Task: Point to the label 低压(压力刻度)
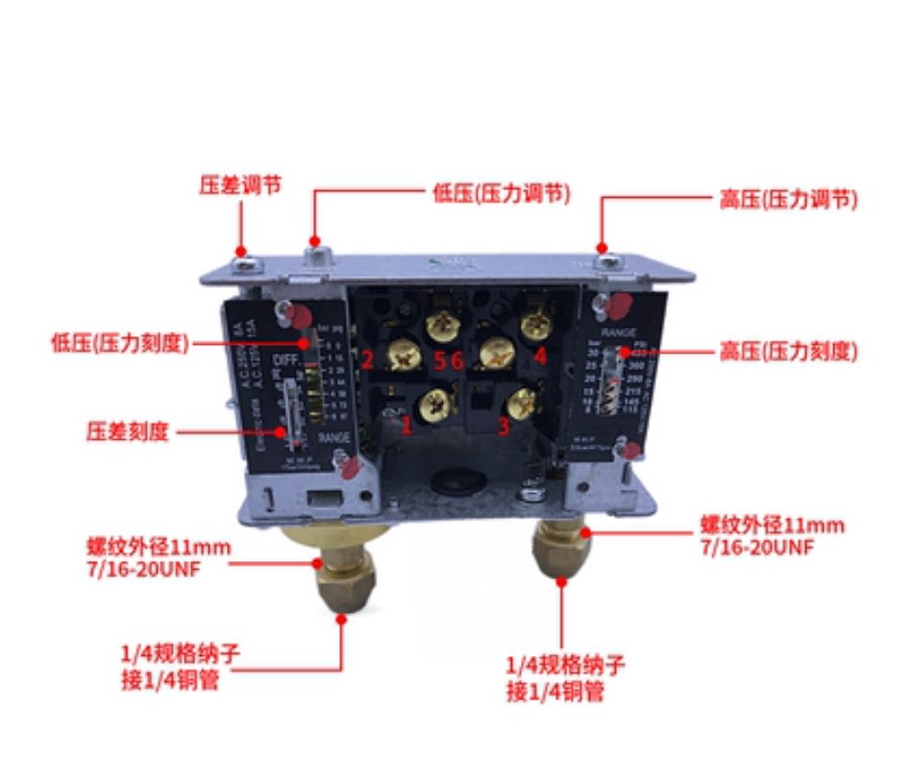pos(119,343)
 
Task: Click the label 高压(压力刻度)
pos(787,352)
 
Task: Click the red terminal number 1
pos(407,426)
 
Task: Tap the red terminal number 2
pos(367,360)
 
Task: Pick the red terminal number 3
pos(503,426)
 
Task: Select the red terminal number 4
pos(540,357)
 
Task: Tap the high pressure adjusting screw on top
pos(604,257)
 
